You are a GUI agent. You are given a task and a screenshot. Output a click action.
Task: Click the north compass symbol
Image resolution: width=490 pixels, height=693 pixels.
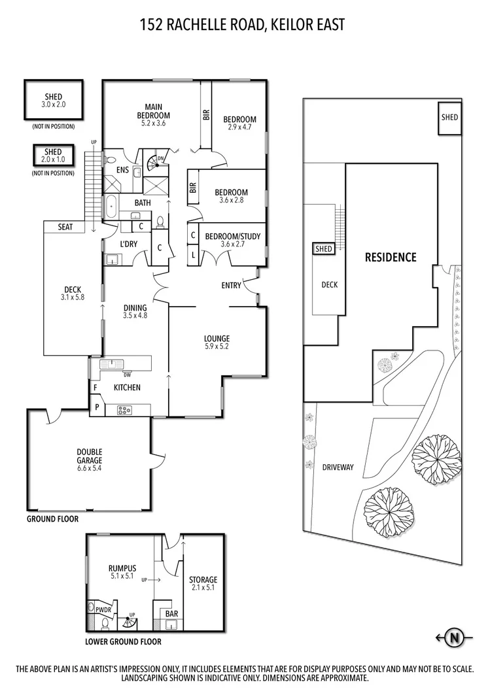(x=454, y=637)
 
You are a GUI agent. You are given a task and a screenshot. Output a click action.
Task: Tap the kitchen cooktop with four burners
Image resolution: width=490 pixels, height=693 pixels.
(x=124, y=410)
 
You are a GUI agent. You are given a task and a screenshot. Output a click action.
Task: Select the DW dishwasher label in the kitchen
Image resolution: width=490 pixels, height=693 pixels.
(x=128, y=375)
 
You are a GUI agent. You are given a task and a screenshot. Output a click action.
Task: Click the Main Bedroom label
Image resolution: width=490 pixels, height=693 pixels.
(x=154, y=111)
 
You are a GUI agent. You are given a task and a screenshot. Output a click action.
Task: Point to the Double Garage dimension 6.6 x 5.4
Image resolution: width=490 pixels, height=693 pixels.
(x=90, y=468)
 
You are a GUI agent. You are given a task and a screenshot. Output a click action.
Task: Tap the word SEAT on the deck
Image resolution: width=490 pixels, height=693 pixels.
(x=65, y=227)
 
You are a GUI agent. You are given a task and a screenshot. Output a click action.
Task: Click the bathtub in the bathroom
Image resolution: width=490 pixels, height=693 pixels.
(x=111, y=207)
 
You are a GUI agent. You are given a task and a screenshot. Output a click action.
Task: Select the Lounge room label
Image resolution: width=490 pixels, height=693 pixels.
(x=217, y=339)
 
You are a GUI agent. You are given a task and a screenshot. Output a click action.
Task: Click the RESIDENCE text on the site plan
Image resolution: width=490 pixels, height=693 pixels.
(x=391, y=257)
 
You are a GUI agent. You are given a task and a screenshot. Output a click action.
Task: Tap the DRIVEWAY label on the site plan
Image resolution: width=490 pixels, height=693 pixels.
(x=338, y=467)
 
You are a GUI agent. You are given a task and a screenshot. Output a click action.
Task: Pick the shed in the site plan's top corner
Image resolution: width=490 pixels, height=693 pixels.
(x=449, y=118)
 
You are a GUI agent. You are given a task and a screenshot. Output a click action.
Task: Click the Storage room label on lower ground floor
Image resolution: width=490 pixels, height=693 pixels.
(x=203, y=579)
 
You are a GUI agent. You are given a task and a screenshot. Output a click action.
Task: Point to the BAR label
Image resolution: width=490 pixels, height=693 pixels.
(x=171, y=613)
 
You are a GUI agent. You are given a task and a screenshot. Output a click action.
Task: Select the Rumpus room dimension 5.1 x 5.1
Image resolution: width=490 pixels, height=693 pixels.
(x=122, y=576)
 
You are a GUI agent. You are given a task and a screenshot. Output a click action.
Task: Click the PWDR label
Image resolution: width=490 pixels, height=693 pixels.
(x=103, y=610)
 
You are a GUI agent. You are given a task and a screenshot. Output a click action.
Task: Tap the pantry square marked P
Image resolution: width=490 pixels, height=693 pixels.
(x=97, y=408)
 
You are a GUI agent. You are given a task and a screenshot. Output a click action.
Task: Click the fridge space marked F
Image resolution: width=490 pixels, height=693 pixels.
(x=95, y=388)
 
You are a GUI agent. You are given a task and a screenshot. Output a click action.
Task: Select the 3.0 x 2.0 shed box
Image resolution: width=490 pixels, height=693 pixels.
(x=54, y=100)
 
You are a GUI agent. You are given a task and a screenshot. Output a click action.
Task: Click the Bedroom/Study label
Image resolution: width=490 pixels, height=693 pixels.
(x=233, y=237)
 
